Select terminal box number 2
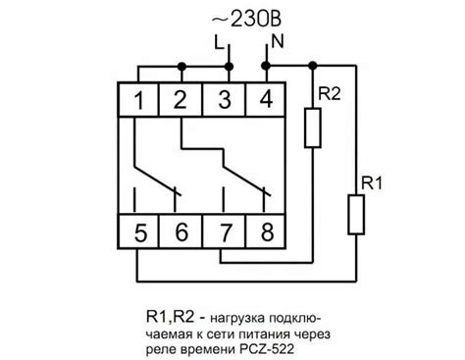coord(181,98)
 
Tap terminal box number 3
coord(225,98)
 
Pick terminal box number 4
coord(265,98)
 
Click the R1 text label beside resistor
coord(371,181)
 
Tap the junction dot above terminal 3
coord(229,65)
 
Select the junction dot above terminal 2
coord(181,65)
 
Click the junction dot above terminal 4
coord(265,65)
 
